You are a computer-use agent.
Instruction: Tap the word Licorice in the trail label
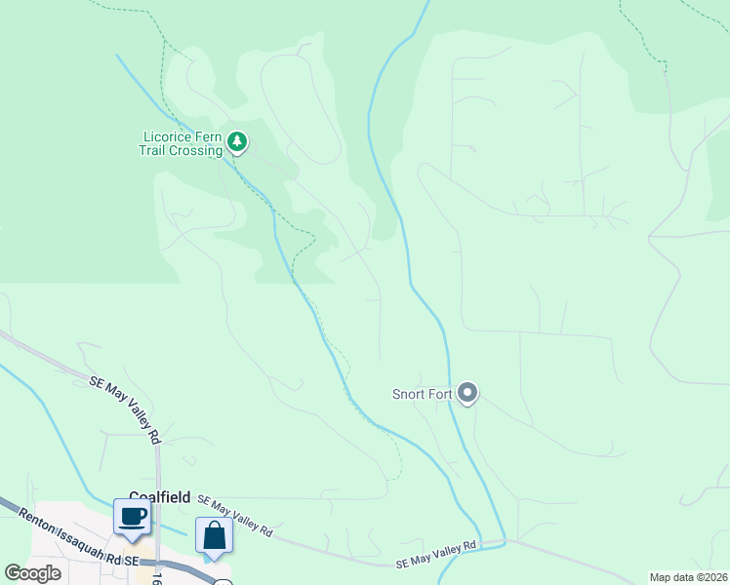point(170,137)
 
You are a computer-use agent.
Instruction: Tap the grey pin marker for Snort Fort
point(467,394)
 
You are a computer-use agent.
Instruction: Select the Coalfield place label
point(161,496)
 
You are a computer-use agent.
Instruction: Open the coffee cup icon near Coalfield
point(132,516)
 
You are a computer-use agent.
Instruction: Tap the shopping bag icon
point(214,535)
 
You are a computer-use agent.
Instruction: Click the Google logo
point(33,573)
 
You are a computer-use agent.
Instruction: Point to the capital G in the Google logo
point(13,573)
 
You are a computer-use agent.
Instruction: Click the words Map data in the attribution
point(672,577)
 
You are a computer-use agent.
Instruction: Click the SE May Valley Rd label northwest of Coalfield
point(125,409)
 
